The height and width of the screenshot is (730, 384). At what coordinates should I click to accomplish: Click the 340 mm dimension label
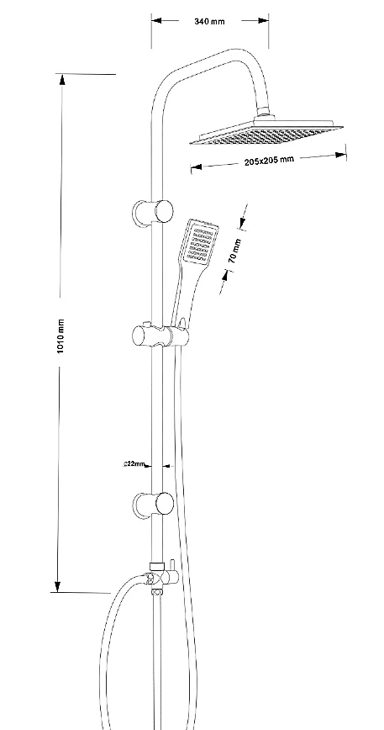209,21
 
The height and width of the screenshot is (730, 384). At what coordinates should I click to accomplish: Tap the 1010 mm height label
60,336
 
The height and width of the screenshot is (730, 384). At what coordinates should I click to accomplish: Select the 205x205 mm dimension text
269,160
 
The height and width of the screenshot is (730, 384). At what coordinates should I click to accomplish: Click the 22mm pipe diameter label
134,463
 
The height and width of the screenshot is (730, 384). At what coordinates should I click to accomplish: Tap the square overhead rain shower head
266,133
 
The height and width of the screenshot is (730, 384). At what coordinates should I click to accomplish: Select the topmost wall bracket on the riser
152,212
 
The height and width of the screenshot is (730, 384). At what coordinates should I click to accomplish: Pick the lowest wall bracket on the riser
153,505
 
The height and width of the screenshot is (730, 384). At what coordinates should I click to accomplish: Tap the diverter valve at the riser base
160,577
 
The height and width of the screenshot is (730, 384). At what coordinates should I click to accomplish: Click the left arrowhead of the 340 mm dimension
156,20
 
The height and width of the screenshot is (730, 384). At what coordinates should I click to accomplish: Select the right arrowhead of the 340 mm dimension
263,20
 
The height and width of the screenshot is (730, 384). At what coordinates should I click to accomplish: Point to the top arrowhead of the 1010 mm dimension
62,80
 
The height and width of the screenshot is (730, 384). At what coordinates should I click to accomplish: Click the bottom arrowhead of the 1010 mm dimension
58,586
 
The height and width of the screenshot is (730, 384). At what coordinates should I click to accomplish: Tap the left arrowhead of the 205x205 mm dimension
196,167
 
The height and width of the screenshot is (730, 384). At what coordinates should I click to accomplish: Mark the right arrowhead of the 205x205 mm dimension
341,155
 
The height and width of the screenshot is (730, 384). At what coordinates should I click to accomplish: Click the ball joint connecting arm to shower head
263,113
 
